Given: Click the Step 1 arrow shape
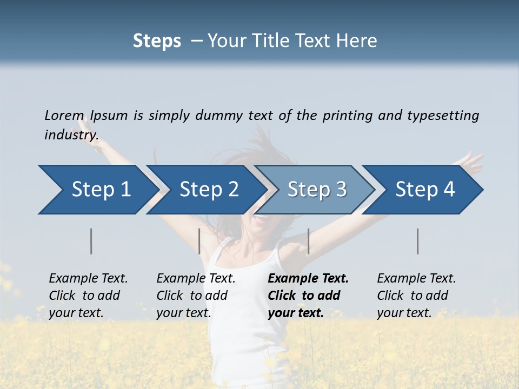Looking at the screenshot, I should (97, 190).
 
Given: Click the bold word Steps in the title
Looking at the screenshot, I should (157, 41).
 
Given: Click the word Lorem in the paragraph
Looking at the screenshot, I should (64, 116).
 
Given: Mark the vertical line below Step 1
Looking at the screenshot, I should (91, 241).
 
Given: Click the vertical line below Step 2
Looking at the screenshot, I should (199, 241).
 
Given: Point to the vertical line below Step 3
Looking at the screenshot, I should (308, 241).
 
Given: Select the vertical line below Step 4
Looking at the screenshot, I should (418, 241).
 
